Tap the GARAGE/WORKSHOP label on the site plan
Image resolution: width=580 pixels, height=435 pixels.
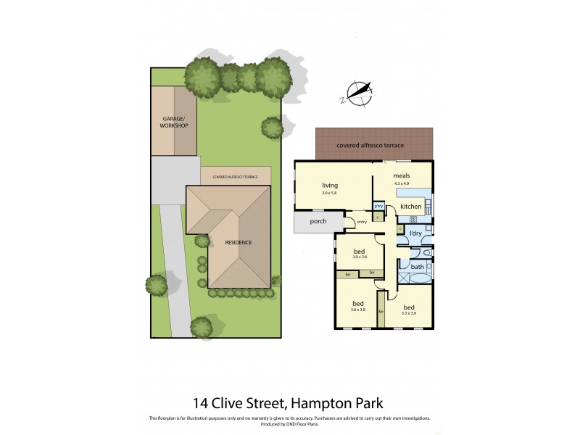pyautogui.click(x=175, y=122)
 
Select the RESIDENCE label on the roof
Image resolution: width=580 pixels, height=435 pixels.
pyautogui.click(x=238, y=242)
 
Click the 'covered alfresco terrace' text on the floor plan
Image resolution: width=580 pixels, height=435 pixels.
pyautogui.click(x=370, y=145)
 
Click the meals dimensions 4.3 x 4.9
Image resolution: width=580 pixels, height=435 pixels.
pyautogui.click(x=402, y=183)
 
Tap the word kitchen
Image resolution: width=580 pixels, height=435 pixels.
pyautogui.click(x=411, y=207)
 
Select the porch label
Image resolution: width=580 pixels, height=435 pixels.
pyautogui.click(x=318, y=221)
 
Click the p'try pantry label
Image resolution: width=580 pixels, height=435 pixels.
pyautogui.click(x=378, y=205)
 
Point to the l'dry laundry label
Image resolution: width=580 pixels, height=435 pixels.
pyautogui.click(x=415, y=233)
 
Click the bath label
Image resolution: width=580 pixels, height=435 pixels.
pyautogui.click(x=417, y=267)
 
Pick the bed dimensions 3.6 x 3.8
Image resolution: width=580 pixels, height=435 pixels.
pyautogui.click(x=358, y=310)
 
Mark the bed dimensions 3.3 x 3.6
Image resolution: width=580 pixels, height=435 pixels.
pyautogui.click(x=409, y=312)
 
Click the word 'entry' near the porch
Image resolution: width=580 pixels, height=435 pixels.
pyautogui.click(x=361, y=221)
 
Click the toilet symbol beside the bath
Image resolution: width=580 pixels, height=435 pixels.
pyautogui.click(x=428, y=254)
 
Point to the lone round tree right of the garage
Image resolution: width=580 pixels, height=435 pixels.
pyautogui.click(x=272, y=128)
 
